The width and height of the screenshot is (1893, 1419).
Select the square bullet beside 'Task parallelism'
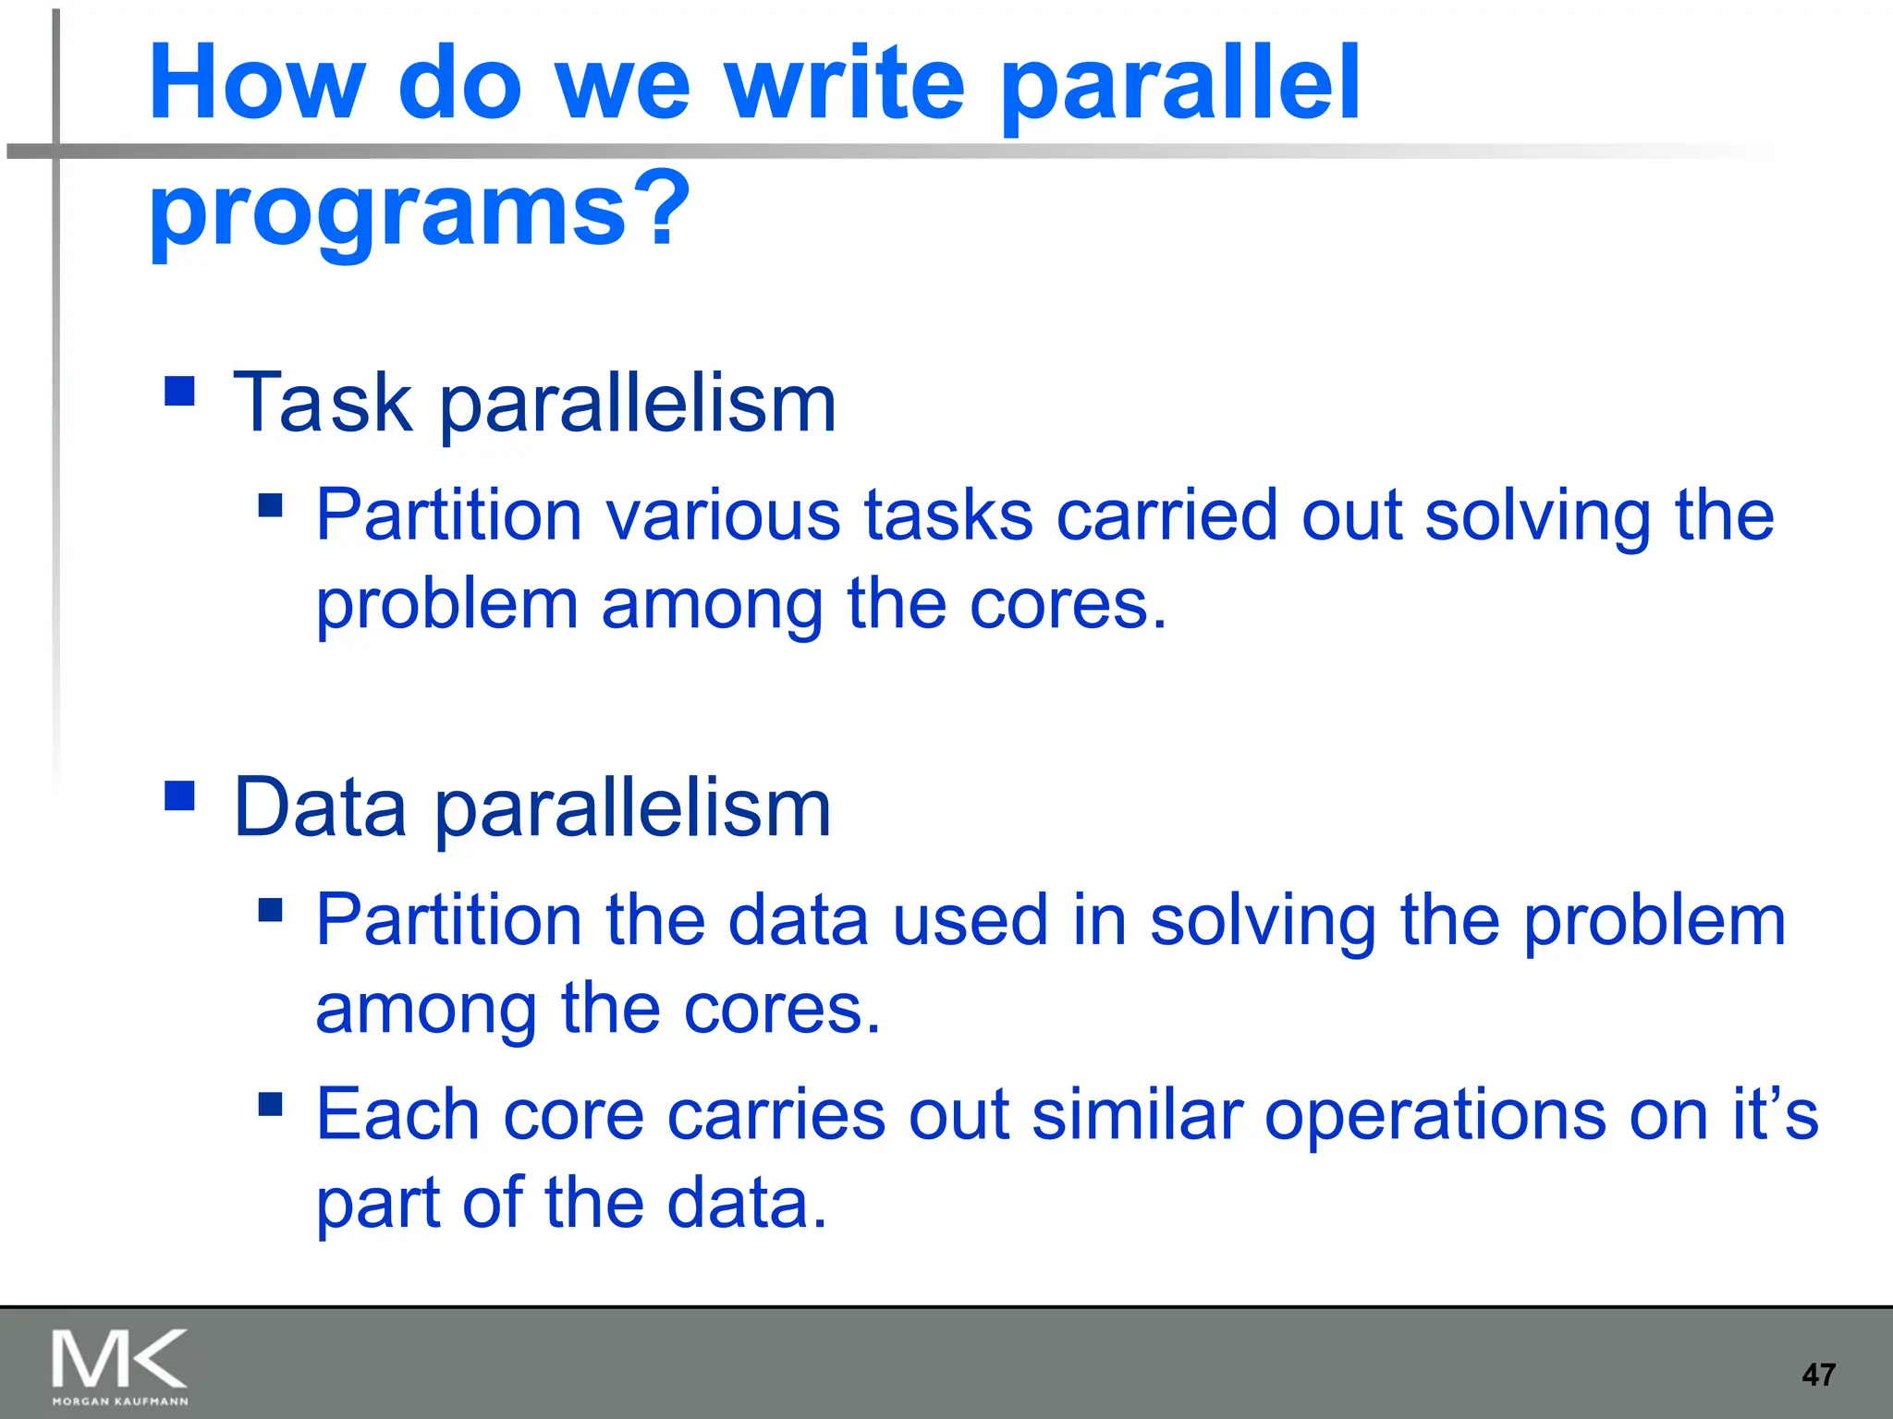pos(179,391)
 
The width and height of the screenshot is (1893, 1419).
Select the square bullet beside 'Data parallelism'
pos(179,795)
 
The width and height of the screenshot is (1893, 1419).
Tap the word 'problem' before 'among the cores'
pos(447,605)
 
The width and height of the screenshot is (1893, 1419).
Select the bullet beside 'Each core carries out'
pos(270,1104)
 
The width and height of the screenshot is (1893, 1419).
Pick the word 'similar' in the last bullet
pos(1137,1114)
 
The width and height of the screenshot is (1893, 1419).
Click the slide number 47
pos(1818,1375)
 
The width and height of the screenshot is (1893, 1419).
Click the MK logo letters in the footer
pos(119,1359)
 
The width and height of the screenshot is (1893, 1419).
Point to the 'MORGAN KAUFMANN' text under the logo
pos(120,1401)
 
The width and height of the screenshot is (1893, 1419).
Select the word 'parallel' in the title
pos(1180,85)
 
